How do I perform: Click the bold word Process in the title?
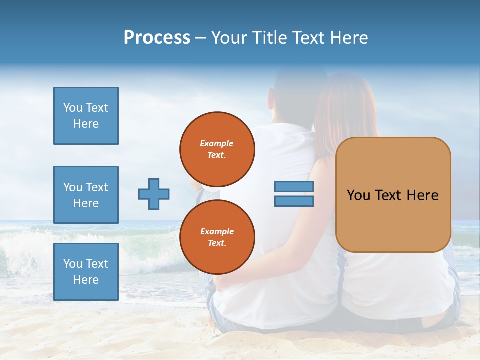click(x=157, y=38)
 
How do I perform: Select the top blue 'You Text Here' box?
click(x=86, y=116)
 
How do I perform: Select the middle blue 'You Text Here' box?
click(x=86, y=195)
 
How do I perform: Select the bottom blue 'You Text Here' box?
click(x=86, y=272)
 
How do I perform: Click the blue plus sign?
click(x=154, y=194)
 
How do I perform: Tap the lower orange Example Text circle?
click(x=217, y=237)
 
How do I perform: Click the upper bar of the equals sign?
click(x=294, y=186)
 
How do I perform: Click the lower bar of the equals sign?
click(x=294, y=201)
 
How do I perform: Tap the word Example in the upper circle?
click(x=217, y=143)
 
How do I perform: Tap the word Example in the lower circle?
click(x=217, y=231)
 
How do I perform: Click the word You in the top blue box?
click(x=72, y=108)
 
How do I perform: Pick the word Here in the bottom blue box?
click(x=86, y=280)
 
